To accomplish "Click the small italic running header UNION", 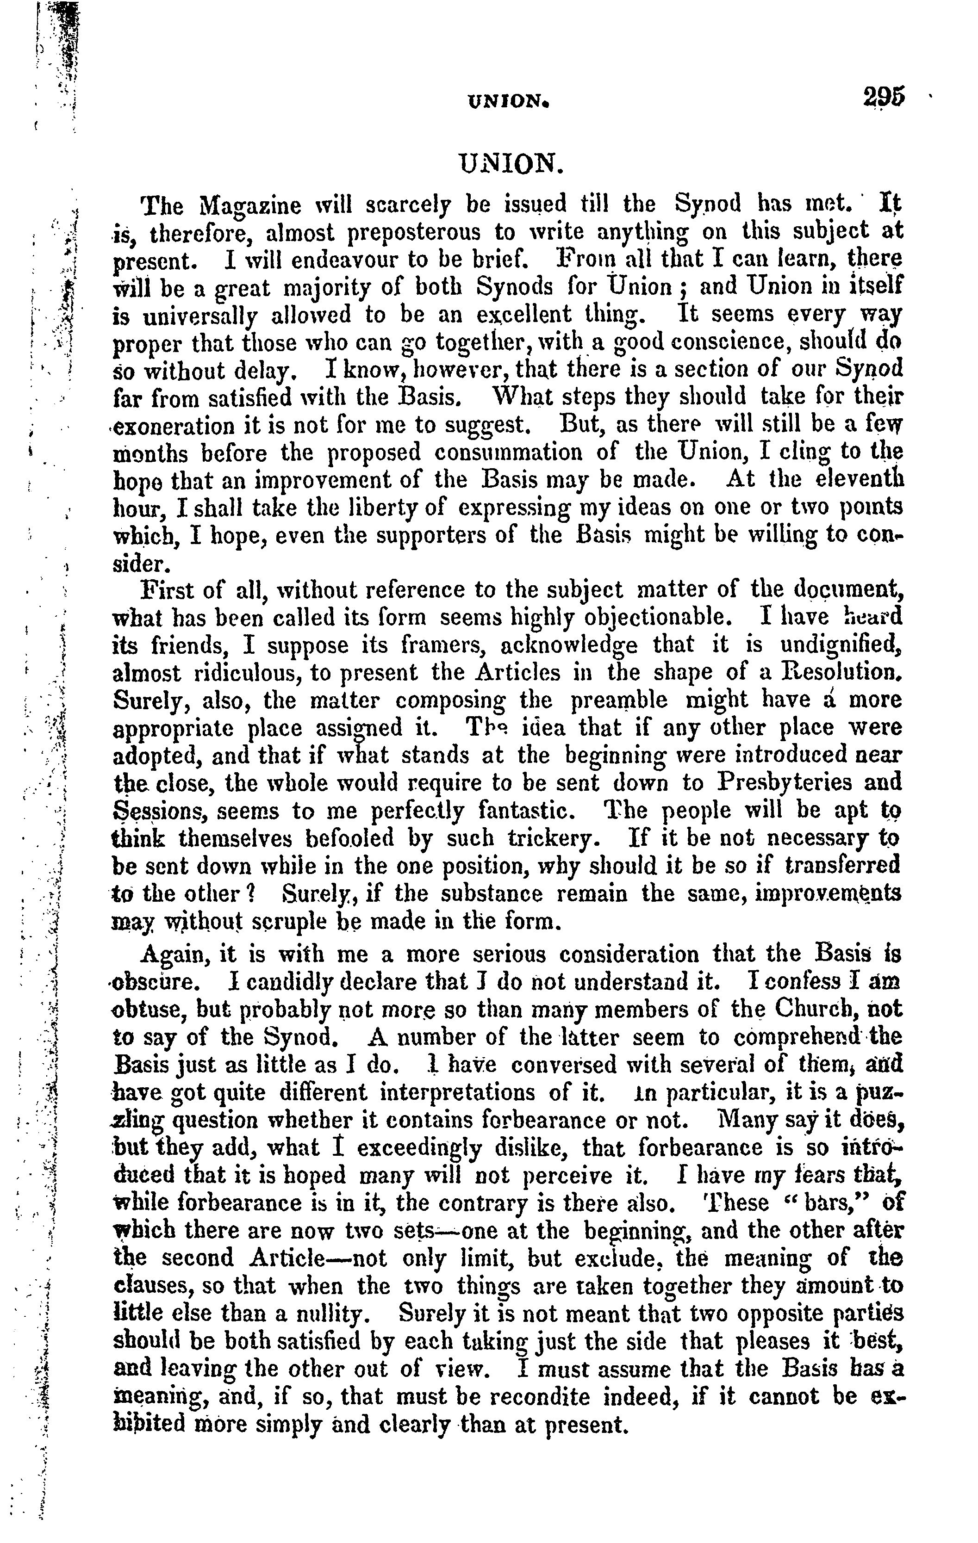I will pyautogui.click(x=509, y=101).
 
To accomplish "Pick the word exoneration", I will pyautogui.click(x=174, y=426).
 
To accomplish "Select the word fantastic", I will pyautogui.click(x=525, y=811).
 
